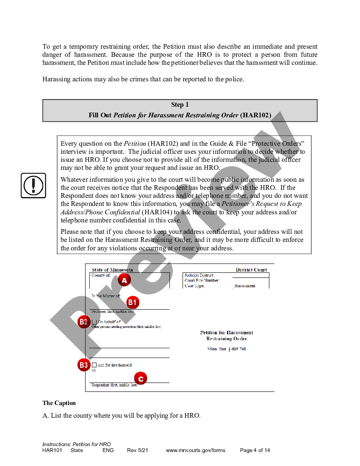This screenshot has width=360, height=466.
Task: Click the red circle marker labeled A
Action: coord(124,280)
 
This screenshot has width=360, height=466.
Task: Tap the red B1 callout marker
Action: coord(133,302)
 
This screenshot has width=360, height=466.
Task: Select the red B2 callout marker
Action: coord(84,322)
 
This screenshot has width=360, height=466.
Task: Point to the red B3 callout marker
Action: coord(84,365)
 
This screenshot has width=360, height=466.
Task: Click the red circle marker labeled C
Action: coord(141,378)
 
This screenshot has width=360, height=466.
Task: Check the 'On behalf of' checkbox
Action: coord(94,322)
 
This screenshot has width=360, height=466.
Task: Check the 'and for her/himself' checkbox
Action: coord(94,365)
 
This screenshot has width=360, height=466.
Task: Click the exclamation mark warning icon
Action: coord(33,185)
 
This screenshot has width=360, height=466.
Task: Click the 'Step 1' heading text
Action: coord(180,105)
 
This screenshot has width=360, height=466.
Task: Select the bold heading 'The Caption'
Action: coord(59,403)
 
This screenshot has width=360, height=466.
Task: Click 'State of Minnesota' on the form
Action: coord(112,270)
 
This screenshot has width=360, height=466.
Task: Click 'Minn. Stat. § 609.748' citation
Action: coord(227,349)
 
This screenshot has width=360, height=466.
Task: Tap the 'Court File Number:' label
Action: coord(202,280)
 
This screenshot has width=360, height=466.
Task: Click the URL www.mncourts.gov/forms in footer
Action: coord(195,450)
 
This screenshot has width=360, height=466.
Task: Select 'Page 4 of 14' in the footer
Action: coord(255,450)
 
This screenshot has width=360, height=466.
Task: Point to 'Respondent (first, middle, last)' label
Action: coord(114,385)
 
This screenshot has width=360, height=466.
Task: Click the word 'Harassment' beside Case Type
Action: coord(245,286)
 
